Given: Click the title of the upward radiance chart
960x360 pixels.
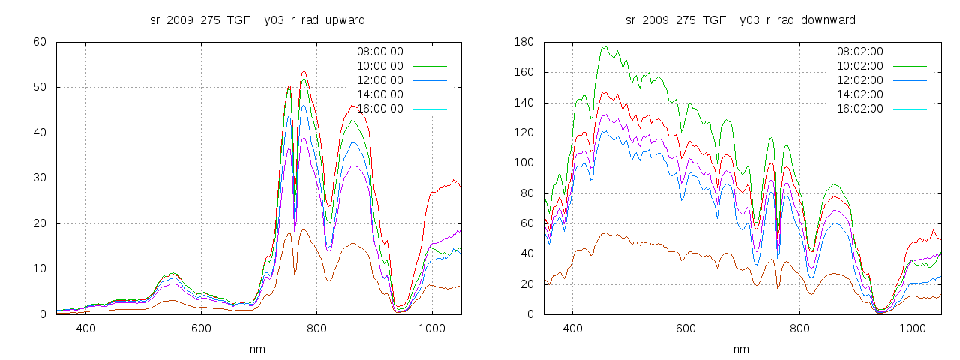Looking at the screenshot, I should point(258,20).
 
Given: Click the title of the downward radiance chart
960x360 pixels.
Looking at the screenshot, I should point(740,20).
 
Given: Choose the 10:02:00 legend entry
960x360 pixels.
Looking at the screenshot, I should point(859,66).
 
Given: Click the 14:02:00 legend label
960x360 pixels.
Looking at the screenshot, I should point(859,94).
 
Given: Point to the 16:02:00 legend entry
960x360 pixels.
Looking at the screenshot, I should point(859,109).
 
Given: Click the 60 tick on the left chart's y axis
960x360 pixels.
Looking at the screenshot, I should point(40,42).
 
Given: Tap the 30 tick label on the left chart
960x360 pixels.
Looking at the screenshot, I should point(40,178).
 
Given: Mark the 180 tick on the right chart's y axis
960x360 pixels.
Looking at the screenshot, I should point(523,42).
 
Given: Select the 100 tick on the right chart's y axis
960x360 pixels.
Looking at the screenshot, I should point(523,163).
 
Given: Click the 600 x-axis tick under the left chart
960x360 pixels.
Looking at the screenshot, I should point(200,328).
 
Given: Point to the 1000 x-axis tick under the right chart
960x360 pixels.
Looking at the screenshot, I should point(912,328).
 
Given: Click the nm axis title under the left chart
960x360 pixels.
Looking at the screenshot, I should point(258,349).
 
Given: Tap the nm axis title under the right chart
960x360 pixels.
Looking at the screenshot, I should point(740,349).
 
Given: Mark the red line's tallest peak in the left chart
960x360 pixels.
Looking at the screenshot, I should point(304,72).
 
